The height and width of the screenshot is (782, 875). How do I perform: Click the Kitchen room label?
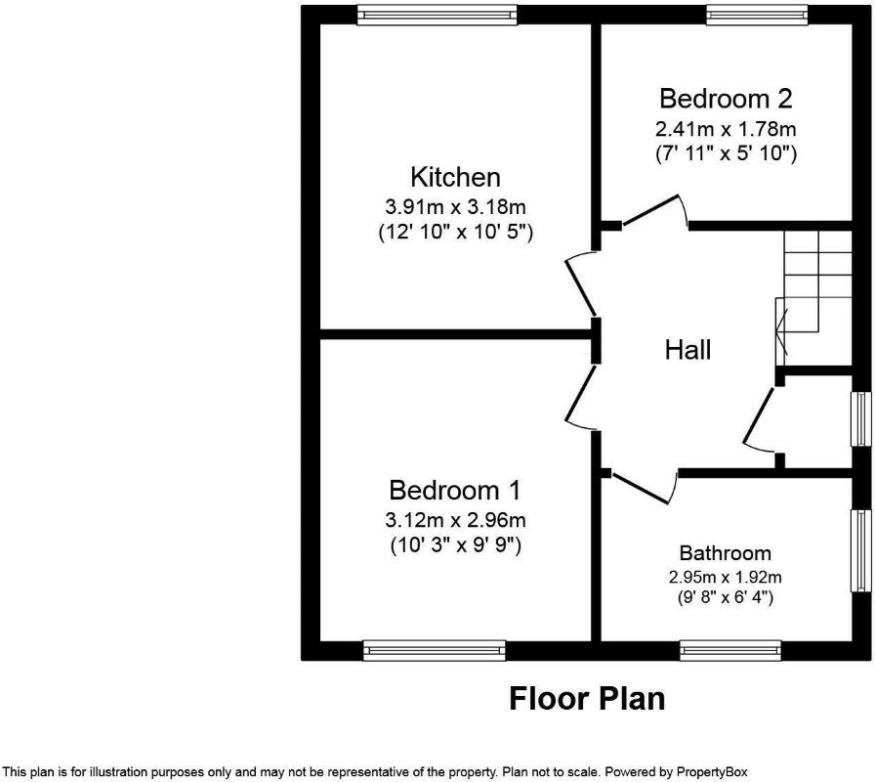pyautogui.click(x=455, y=177)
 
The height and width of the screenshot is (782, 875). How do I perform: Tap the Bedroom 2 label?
pyautogui.click(x=726, y=99)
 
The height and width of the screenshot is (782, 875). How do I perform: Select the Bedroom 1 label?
pyautogui.click(x=455, y=490)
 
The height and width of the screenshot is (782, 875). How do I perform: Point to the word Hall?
pyautogui.click(x=688, y=350)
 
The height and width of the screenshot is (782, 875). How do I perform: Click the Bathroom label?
pyautogui.click(x=725, y=553)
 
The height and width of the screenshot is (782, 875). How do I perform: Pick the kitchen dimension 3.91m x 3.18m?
pyautogui.click(x=455, y=207)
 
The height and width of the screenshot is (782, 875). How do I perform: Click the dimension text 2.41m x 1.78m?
pyautogui.click(x=726, y=129)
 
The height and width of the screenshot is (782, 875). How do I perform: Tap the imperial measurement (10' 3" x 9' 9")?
pyautogui.click(x=455, y=544)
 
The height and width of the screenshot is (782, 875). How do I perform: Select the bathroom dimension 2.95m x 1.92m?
pyautogui.click(x=725, y=577)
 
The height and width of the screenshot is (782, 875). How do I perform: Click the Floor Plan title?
pyautogui.click(x=587, y=699)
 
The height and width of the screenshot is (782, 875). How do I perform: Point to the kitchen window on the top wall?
pyautogui.click(x=437, y=15)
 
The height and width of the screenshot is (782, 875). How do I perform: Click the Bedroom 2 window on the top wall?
pyautogui.click(x=757, y=15)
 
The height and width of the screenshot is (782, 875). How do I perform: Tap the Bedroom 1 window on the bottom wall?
pyautogui.click(x=435, y=651)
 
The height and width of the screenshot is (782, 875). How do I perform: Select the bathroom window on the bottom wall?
pyautogui.click(x=730, y=651)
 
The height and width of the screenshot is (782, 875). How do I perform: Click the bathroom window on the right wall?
pyautogui.click(x=861, y=550)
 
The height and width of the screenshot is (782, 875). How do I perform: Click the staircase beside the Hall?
pyautogui.click(x=813, y=297)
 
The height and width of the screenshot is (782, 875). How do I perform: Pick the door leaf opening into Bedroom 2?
pyautogui.click(x=650, y=210)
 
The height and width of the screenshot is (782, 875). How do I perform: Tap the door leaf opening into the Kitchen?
pyautogui.click(x=581, y=288)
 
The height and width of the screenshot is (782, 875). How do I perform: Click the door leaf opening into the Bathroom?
pyautogui.click(x=640, y=488)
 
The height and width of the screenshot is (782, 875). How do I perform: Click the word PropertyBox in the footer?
pyautogui.click(x=712, y=772)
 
